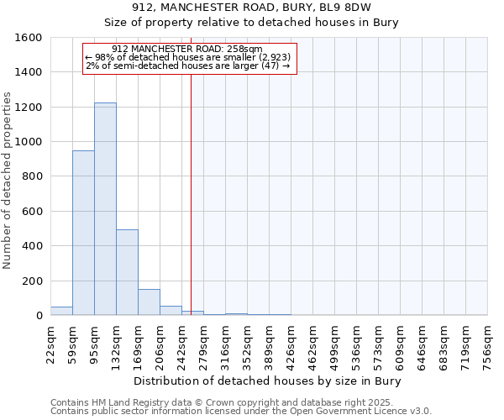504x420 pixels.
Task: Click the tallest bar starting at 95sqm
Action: (x=105, y=209)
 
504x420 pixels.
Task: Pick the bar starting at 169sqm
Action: (x=149, y=302)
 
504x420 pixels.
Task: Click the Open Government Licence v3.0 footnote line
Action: (x=241, y=412)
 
